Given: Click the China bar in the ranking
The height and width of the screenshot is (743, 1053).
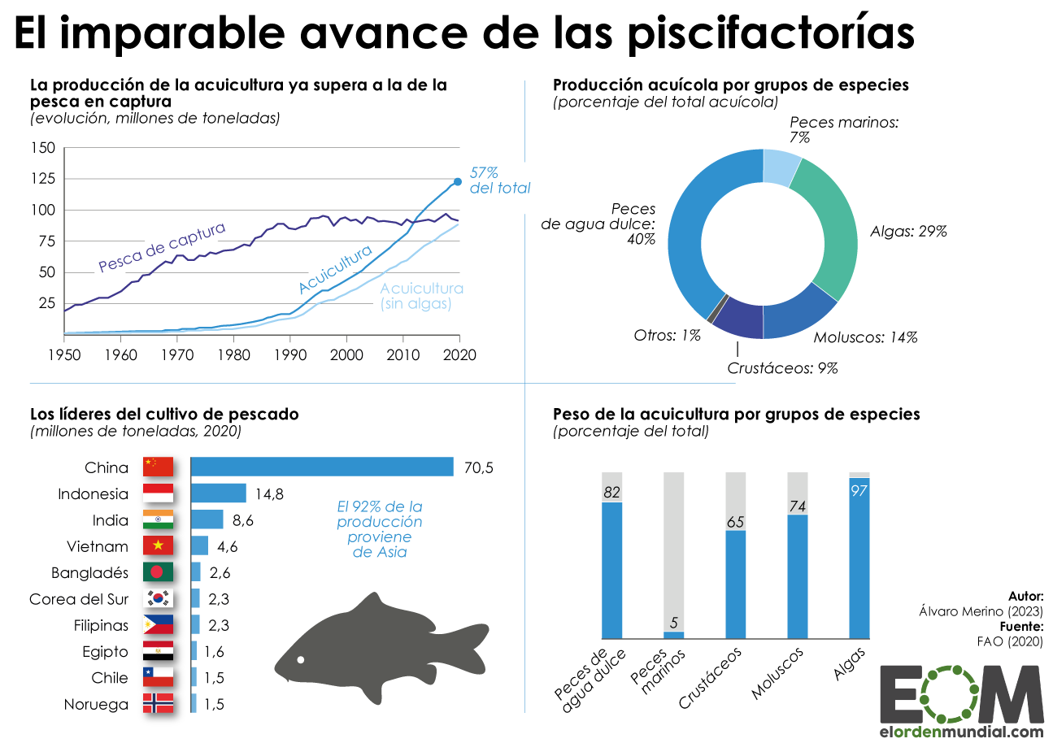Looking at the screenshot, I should [x=322, y=467].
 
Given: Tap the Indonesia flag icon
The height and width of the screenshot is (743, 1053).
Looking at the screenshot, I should [x=158, y=493].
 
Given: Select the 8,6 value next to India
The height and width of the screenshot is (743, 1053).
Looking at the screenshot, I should [x=242, y=520].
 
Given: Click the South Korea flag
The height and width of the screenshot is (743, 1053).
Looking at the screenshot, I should [x=158, y=599].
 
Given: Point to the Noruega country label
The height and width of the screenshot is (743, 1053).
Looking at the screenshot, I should [x=96, y=705].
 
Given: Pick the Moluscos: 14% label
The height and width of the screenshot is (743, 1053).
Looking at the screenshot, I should [x=865, y=337].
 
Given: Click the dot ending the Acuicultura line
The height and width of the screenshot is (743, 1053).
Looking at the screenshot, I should [x=457, y=181].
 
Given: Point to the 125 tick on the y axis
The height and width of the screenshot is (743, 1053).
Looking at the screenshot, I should [x=44, y=178].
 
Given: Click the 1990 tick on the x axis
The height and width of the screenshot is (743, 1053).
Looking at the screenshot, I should [x=289, y=355].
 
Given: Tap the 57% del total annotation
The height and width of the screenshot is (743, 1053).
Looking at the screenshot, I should [x=498, y=180].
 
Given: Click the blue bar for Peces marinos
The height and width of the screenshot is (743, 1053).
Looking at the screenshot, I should [x=674, y=635].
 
